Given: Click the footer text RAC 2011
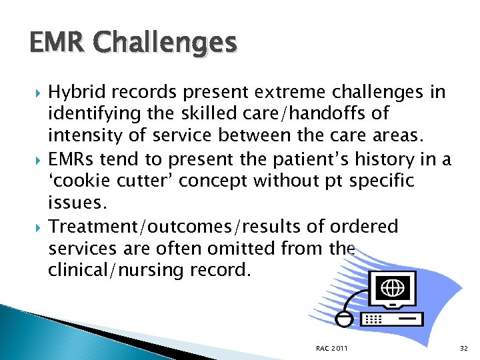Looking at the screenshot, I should coord(332,348).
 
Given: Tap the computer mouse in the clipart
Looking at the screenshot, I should coord(345,319).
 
